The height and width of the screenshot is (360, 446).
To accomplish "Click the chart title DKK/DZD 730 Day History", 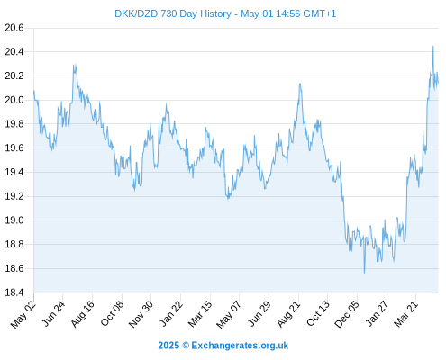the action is click(173, 13).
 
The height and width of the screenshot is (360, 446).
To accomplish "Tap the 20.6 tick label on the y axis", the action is click(14, 28).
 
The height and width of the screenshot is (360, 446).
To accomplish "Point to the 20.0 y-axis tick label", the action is click(14, 100).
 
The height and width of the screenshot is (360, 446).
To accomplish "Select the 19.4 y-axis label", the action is click(14, 172).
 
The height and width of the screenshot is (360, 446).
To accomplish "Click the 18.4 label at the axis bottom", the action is click(14, 292).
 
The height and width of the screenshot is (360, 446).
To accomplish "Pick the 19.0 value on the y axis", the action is click(14, 220).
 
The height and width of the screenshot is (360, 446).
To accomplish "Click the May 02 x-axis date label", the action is click(23, 314).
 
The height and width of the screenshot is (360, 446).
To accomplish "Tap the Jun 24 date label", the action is click(53, 314).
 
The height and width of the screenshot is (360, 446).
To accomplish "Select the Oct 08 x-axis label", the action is click(112, 314).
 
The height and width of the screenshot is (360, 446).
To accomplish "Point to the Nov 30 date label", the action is click(141, 314).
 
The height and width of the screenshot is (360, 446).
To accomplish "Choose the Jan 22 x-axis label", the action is click(170, 314).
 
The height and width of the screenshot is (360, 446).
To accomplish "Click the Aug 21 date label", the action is click(288, 314).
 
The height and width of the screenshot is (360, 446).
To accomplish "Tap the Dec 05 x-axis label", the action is click(347, 314).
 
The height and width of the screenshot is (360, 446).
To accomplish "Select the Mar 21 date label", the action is click(406, 314).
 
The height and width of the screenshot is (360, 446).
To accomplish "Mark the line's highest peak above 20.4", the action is click(432, 46).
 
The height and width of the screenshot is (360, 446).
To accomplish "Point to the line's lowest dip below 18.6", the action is click(365, 273).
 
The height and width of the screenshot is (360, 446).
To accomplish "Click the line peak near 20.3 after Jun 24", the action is click(74, 65).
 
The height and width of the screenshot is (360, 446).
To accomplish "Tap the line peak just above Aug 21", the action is click(300, 84).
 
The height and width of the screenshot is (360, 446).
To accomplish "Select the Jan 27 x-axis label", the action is click(378, 314).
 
